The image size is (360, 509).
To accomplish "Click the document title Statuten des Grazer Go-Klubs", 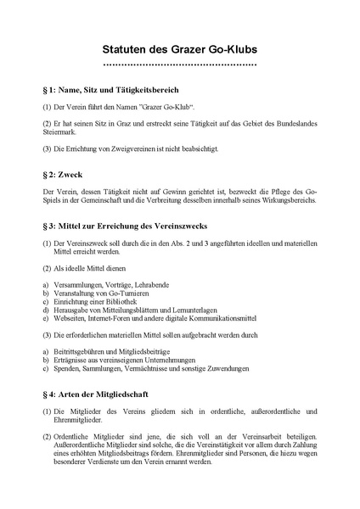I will tap(180, 49).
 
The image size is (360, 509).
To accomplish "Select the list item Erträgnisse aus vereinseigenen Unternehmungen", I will tap(127, 361).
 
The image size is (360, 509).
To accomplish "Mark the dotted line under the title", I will tap(180, 64).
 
